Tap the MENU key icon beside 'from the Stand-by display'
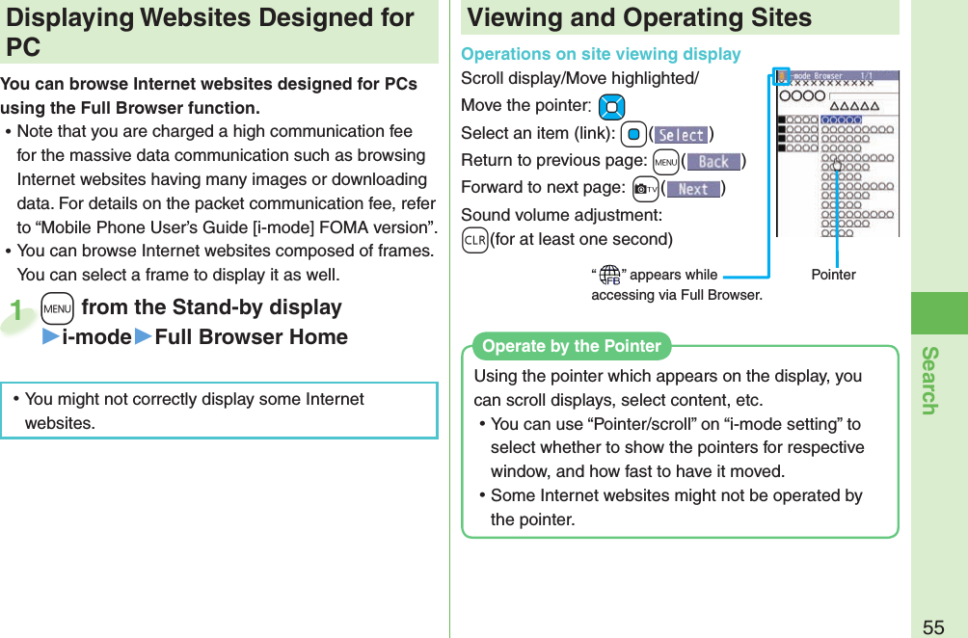tap(59, 308)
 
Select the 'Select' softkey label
tap(681, 136)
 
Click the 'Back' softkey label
tap(713, 162)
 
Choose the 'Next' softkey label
tap(693, 189)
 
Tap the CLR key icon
tap(474, 239)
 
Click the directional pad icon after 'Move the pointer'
tap(611, 107)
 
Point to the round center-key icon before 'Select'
tap(632, 135)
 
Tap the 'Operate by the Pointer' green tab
tap(572, 346)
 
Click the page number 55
tap(933, 626)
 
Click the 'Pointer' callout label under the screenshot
tap(833, 275)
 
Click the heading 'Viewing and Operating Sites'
tap(639, 17)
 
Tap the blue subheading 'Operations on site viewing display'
tap(601, 54)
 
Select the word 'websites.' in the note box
tap(60, 423)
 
